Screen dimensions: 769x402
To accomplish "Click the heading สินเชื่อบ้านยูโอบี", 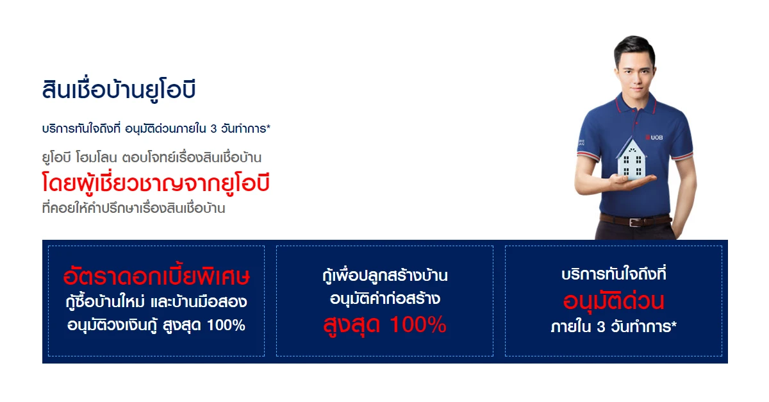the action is (119, 90).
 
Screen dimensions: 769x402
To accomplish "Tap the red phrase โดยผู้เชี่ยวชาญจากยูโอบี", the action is (156, 183).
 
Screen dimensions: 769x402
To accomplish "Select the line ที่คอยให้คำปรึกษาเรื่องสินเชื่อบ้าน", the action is (133, 208).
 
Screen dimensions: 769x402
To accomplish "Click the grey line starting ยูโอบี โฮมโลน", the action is (152, 158).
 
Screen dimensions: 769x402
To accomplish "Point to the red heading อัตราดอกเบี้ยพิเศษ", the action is (156, 276).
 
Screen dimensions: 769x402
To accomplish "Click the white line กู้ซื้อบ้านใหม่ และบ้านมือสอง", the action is (156, 301).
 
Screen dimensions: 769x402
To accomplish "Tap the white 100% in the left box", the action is (226, 325).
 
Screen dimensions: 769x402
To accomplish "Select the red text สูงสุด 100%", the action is (385, 325).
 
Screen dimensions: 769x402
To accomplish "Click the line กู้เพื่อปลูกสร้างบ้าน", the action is (385, 275).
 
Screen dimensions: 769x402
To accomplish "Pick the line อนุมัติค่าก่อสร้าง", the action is (385, 298).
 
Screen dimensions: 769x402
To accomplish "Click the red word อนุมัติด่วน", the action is (613, 301).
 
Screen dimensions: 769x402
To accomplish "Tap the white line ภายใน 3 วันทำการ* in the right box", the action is (613, 326).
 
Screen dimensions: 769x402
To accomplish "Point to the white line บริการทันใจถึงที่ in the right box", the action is (613, 274).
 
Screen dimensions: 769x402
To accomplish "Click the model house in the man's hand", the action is (631, 158).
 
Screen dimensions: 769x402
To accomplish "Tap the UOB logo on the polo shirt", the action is (654, 137).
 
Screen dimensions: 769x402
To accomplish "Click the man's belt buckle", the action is (634, 222).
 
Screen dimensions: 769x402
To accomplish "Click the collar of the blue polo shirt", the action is (635, 103).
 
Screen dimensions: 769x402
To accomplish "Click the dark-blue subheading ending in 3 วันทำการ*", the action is (156, 128).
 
